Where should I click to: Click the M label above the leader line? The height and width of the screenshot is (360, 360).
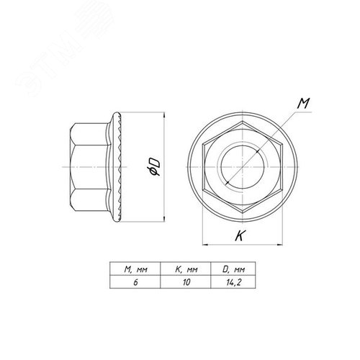[303, 104]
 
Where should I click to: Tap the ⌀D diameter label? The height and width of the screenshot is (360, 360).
[154, 167]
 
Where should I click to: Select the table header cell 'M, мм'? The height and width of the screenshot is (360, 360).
[135, 269]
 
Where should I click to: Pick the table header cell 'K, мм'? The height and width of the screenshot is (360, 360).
[186, 269]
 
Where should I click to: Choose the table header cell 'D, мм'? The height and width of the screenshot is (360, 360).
[233, 269]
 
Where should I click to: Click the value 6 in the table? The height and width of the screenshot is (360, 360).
[135, 282]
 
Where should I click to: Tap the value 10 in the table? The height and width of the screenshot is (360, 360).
[186, 282]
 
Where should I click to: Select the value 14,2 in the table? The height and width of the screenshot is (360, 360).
[233, 282]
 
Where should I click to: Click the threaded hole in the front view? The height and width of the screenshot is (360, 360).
[243, 167]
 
